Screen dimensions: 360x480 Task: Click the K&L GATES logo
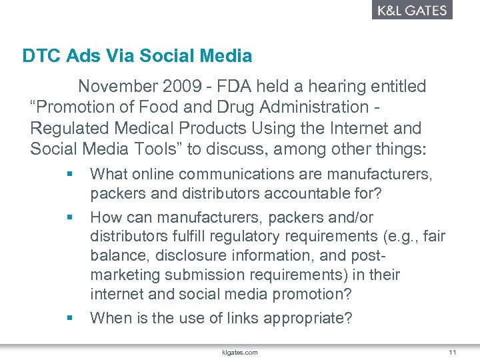411,10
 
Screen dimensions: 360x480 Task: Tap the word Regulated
65,128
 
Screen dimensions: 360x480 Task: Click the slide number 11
452,351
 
